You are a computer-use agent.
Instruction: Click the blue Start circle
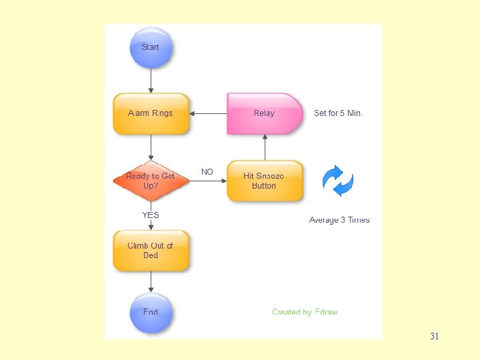(x=151, y=48)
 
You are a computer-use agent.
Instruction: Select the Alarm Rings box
(x=151, y=113)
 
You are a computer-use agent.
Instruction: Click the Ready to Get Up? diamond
(x=151, y=181)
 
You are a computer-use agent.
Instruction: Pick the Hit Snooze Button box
(x=264, y=181)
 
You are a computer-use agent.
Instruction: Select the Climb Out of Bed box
(x=151, y=251)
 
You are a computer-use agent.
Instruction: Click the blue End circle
(x=151, y=312)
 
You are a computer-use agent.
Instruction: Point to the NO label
(x=207, y=172)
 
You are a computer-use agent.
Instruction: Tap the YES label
(x=151, y=215)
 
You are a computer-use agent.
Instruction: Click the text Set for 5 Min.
(x=338, y=113)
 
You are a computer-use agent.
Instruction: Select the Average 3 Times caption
(x=339, y=220)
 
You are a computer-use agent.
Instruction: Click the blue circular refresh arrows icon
(x=337, y=181)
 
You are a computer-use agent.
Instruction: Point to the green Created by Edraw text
(x=305, y=312)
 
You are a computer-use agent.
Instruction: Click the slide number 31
(x=435, y=336)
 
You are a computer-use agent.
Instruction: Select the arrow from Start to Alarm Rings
(x=151, y=81)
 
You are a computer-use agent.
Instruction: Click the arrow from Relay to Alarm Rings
(x=208, y=113)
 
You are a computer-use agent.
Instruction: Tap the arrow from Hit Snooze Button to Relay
(x=265, y=147)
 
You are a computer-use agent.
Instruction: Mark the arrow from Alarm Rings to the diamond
(x=151, y=147)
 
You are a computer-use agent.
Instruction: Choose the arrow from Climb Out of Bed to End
(x=151, y=282)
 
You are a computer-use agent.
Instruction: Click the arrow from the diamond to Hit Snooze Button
(x=208, y=181)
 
